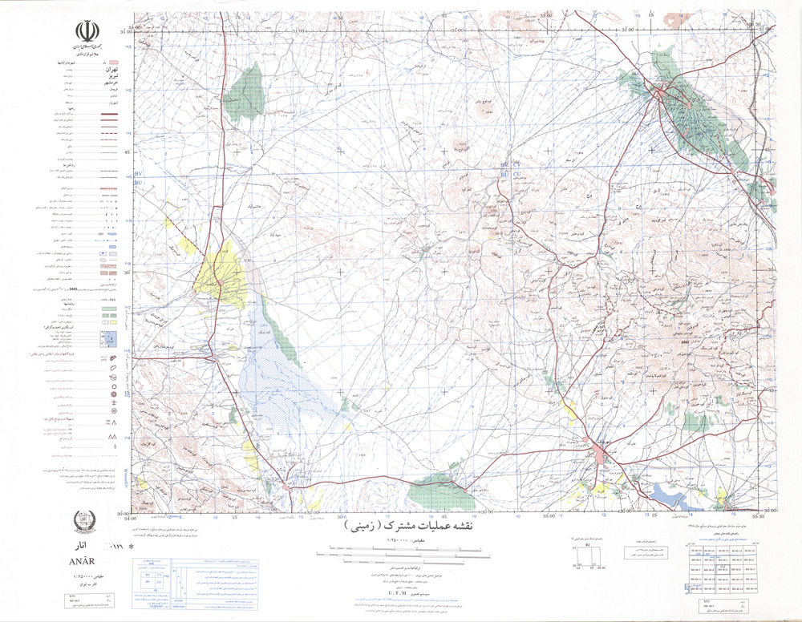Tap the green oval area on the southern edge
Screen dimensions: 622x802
[x=441, y=492]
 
